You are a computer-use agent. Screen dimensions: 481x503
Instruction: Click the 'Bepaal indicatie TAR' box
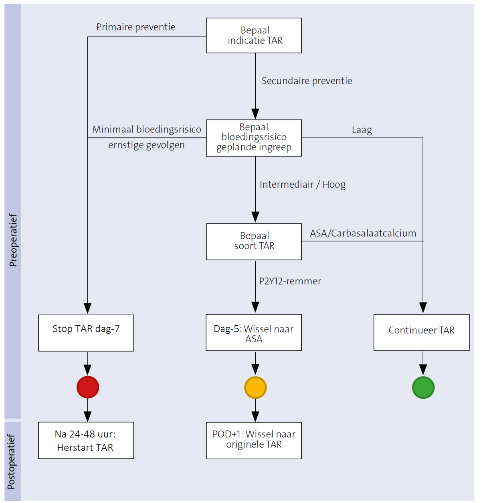point(254,35)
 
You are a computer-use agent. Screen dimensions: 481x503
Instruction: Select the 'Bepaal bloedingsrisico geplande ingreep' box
point(254,138)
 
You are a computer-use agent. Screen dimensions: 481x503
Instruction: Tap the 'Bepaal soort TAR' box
point(254,241)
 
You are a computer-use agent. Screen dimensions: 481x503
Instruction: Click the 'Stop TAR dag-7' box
point(86,333)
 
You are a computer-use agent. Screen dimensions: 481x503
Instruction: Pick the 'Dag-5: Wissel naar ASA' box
point(254,332)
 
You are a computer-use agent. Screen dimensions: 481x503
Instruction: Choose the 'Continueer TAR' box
point(421,332)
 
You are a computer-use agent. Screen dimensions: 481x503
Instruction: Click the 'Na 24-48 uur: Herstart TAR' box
point(86,440)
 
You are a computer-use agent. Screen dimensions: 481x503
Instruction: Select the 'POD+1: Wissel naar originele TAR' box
point(254,440)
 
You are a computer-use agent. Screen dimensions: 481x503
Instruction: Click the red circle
point(87,387)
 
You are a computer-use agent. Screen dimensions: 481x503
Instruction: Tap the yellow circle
point(255,387)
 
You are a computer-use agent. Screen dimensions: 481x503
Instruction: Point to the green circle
point(423,387)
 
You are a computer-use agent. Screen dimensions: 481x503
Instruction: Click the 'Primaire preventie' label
point(136,27)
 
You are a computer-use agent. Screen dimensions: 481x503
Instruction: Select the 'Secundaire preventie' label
point(307,81)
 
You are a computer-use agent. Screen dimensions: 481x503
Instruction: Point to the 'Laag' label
point(362,130)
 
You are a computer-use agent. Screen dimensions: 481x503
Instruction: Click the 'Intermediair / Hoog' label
point(303,185)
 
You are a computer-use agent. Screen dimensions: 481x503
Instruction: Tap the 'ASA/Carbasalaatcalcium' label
point(363,233)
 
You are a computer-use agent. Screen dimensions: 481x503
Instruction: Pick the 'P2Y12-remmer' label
point(290,281)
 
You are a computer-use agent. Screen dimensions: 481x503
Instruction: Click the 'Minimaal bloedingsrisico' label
point(147,129)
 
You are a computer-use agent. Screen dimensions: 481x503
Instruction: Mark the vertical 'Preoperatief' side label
point(13,240)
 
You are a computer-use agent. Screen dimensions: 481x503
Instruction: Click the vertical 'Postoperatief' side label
point(11,461)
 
